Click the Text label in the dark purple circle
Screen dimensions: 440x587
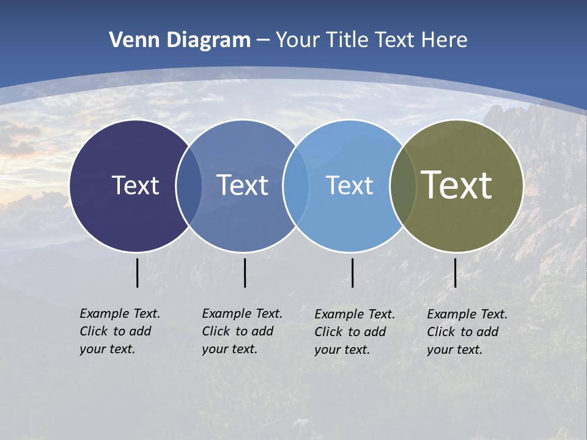[135, 185]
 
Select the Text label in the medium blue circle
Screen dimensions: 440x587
[243, 185]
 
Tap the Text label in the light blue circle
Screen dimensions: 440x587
[349, 185]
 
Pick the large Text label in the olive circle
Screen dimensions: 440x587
[457, 185]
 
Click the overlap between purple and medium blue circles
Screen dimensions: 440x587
[189, 186]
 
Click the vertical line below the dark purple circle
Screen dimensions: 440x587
[138, 273]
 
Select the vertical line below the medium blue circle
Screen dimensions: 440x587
[245, 273]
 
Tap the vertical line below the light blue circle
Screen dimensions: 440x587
[352, 273]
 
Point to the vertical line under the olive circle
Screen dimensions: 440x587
[455, 273]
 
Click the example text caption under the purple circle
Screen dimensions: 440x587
[119, 331]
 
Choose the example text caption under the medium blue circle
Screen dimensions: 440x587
[242, 331]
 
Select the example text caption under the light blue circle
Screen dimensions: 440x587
[354, 332]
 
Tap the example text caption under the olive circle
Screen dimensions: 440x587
[467, 332]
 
